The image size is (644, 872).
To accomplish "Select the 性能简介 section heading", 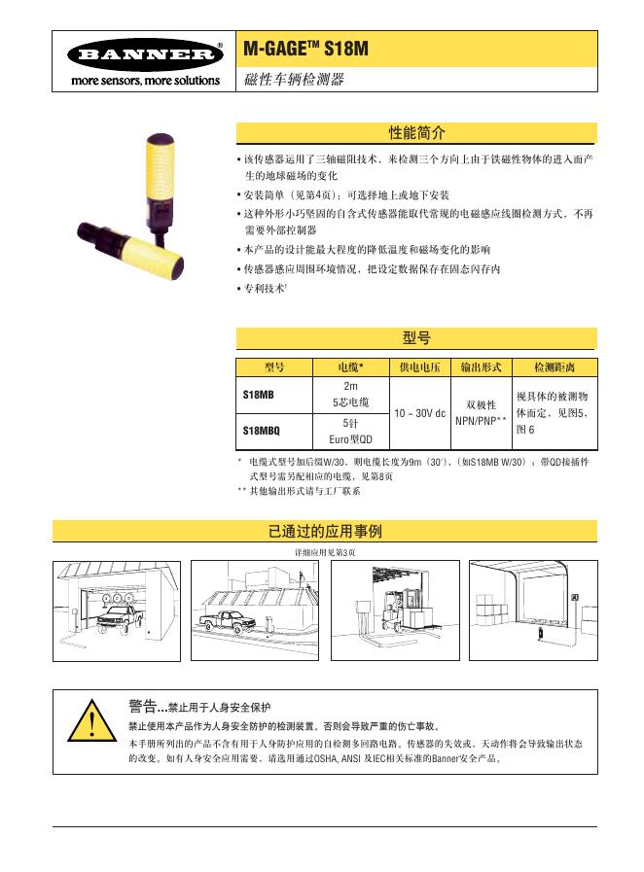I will (416, 132).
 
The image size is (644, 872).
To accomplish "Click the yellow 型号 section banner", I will (416, 338).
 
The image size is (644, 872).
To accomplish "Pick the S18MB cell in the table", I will (259, 396).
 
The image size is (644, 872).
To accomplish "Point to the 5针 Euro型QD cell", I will (350, 431).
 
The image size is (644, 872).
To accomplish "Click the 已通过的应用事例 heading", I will (324, 531).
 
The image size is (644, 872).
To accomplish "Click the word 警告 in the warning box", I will (142, 705).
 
